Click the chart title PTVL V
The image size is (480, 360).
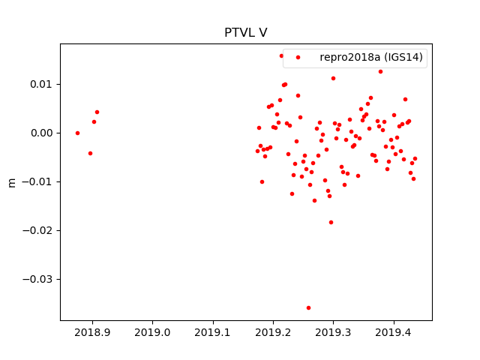[x=245, y=33]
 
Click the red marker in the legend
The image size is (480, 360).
[x=298, y=57]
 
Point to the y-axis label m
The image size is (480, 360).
[x=11, y=182]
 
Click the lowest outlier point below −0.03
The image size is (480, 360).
[x=308, y=307]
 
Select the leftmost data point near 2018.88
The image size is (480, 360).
[x=77, y=133]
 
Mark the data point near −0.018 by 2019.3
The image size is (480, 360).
[x=331, y=222]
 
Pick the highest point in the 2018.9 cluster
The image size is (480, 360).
[x=97, y=112]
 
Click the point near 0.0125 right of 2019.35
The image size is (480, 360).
[x=380, y=71]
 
